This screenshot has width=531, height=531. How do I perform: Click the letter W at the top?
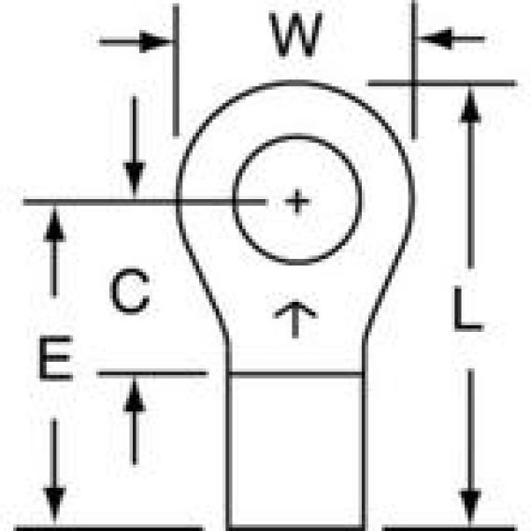(295, 35)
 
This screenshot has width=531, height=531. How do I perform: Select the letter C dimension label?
(130, 292)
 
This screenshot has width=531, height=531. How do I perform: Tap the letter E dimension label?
(56, 358)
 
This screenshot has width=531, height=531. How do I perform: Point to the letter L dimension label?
(468, 309)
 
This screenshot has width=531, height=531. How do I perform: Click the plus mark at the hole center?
(297, 202)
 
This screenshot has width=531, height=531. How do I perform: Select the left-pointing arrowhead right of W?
(435, 38)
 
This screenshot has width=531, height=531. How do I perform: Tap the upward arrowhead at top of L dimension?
(470, 106)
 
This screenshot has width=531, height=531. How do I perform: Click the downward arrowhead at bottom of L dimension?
(470, 507)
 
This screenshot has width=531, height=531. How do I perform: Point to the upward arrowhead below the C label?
(135, 395)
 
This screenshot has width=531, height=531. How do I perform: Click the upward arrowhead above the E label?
(54, 224)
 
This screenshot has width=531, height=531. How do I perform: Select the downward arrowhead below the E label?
(54, 506)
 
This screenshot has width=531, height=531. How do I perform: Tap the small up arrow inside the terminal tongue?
(295, 319)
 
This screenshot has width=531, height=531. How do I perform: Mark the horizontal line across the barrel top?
(296, 374)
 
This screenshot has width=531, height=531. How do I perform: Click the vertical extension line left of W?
(176, 70)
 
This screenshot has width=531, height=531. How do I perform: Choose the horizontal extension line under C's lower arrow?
(152, 374)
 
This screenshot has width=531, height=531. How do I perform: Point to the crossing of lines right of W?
(414, 83)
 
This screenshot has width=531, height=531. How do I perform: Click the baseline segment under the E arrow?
(108, 527)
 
